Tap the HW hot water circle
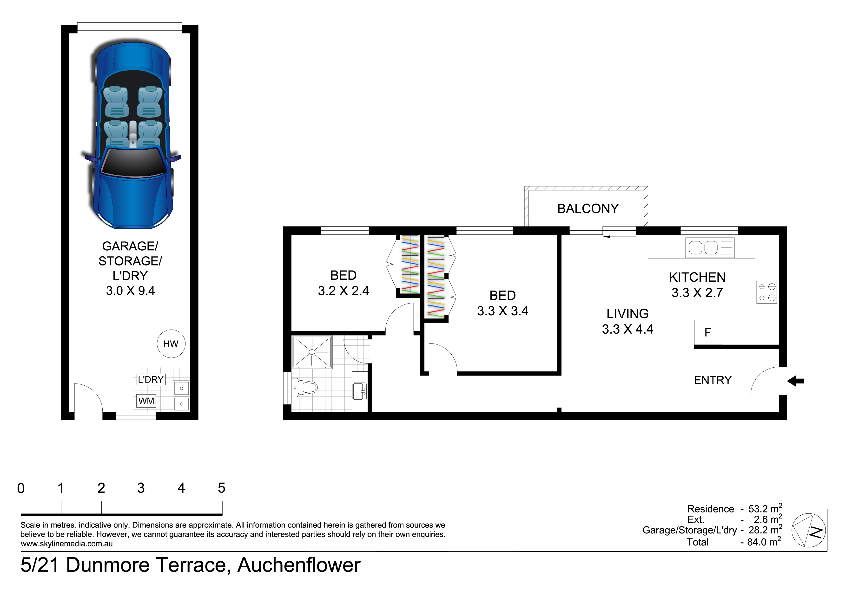click(171, 344)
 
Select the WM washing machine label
click(146, 401)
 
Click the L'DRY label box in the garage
click(151, 379)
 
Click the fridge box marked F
click(708, 332)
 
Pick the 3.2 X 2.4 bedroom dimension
click(343, 291)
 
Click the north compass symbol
click(809, 530)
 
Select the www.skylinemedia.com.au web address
click(67, 544)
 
